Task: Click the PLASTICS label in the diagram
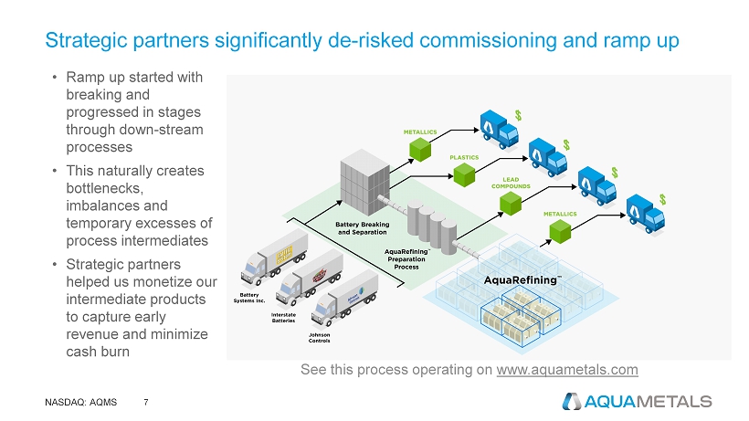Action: (x=466, y=157)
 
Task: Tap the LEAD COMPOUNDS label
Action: (x=512, y=182)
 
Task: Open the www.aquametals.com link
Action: (x=567, y=370)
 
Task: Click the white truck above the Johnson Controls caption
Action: (x=344, y=296)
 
